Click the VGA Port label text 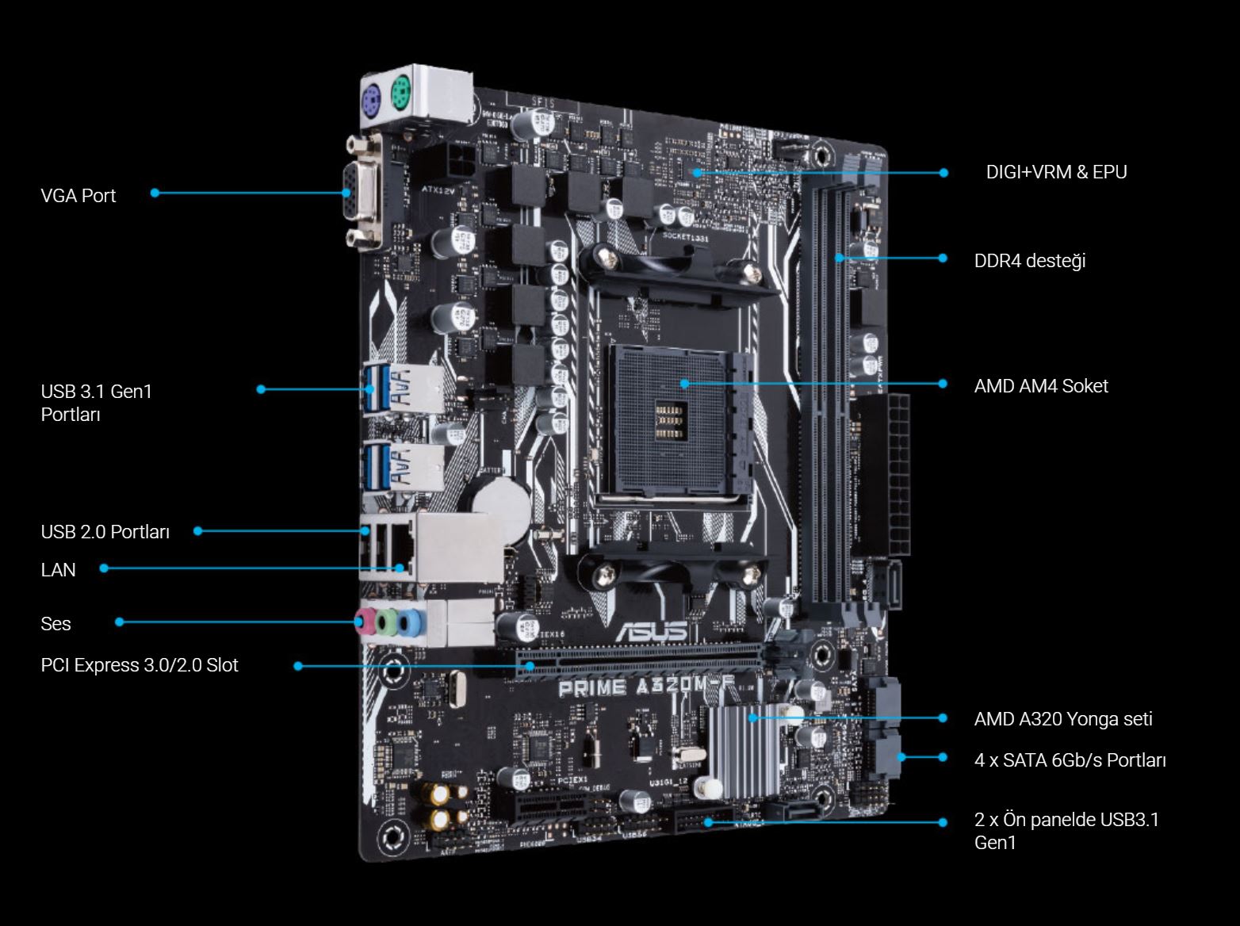pyautogui.click(x=78, y=195)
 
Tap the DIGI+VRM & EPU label pyautogui.click(x=1056, y=172)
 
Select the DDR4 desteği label pyautogui.click(x=1029, y=261)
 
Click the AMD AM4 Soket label pyautogui.click(x=1040, y=386)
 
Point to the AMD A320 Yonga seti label pyautogui.click(x=1062, y=719)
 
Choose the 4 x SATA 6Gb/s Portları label pyautogui.click(x=1070, y=760)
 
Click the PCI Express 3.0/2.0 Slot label pyautogui.click(x=139, y=665)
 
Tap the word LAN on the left pyautogui.click(x=58, y=569)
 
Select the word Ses pyautogui.click(x=55, y=624)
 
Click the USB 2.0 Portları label pyautogui.click(x=105, y=532)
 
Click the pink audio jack pyautogui.click(x=365, y=621)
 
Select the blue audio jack pyautogui.click(x=408, y=622)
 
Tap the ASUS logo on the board pyautogui.click(x=651, y=631)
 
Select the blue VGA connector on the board pyautogui.click(x=349, y=193)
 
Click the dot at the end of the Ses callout pyautogui.click(x=120, y=622)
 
